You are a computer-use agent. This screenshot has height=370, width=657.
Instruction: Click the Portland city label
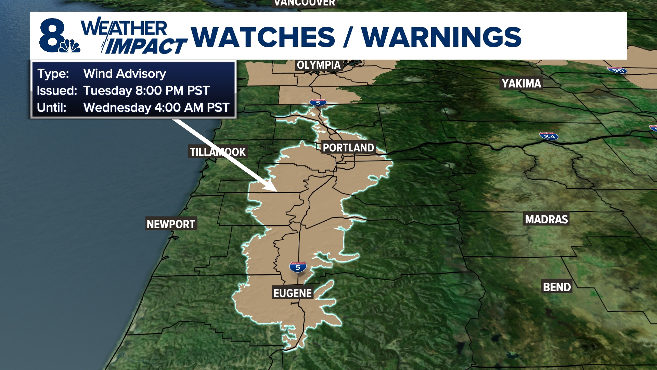coord(348,148)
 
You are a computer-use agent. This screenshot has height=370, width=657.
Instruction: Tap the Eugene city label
coord(293,293)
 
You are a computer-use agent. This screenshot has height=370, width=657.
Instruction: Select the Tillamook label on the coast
coord(218,152)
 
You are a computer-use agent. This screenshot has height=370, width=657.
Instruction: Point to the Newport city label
coord(171,224)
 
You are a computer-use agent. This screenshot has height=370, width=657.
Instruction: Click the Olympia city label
coord(319,65)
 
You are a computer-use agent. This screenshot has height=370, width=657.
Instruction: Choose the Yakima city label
coord(521,83)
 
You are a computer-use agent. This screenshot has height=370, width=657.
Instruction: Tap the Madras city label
coord(546,219)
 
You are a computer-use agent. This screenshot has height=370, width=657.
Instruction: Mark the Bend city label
coord(557,287)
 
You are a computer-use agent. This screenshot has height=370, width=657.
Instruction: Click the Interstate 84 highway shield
coord(549,136)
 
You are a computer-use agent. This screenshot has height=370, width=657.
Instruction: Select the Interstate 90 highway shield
coord(618,70)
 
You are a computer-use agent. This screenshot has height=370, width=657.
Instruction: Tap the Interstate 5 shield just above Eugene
coord(298,267)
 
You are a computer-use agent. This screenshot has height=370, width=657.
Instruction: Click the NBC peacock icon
coord(70,46)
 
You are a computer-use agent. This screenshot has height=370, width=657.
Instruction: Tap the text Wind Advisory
coord(125,74)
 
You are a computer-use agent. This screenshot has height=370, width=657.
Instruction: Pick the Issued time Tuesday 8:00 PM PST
coord(146,90)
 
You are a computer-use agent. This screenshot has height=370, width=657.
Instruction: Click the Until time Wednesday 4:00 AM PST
coord(156,108)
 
